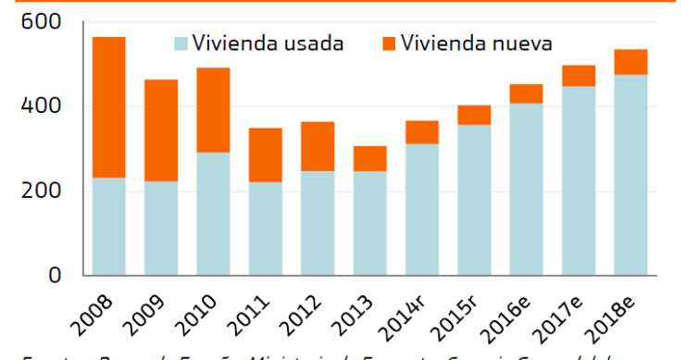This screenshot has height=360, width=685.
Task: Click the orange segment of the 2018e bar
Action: pos(630,62)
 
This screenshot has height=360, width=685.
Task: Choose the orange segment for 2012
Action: pos(318,146)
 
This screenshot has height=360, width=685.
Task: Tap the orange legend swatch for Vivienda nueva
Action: pos(388,43)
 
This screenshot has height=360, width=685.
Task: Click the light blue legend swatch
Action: pos(180,43)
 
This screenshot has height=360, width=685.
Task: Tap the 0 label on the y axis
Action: pos(56,276)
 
